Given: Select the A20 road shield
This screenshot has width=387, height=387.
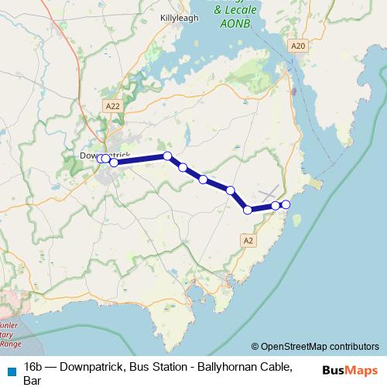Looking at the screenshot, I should tap(298, 46).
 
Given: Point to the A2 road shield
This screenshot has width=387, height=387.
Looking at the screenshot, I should tap(248, 241).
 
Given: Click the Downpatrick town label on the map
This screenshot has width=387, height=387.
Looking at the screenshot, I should tap(104, 155).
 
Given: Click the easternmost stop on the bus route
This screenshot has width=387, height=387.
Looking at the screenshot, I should tap(286, 204).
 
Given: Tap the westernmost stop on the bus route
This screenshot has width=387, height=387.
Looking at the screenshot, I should tap(100, 159).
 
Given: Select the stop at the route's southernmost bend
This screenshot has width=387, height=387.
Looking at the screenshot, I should tap(248, 210).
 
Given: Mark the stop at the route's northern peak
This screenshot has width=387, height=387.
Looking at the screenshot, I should tap(167, 156).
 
